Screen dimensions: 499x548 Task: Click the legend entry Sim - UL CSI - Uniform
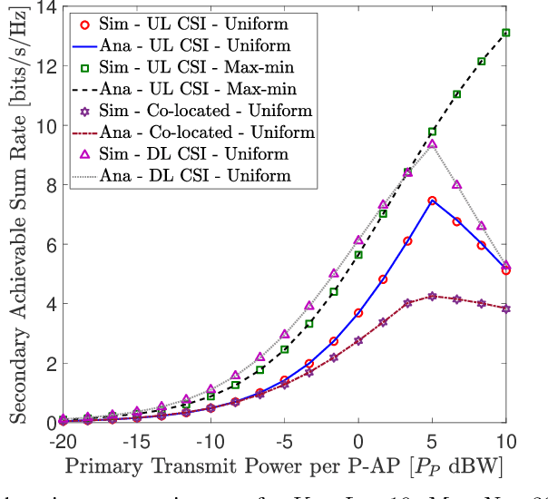click(194, 22)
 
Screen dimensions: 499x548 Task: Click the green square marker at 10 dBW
click(506, 33)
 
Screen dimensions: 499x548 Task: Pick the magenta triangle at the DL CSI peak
click(432, 143)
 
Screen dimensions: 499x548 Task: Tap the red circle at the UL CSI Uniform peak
click(432, 201)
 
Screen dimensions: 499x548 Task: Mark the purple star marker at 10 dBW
click(506, 308)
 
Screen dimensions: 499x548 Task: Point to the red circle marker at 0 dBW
click(358, 313)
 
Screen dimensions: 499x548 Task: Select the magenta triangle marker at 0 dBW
click(358, 240)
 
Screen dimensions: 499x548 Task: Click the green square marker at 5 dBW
click(432, 132)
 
